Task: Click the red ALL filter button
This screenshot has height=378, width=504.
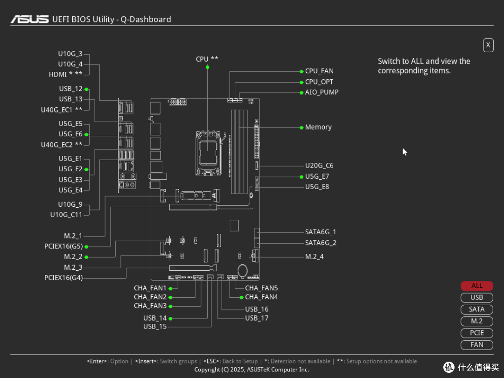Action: click(x=476, y=286)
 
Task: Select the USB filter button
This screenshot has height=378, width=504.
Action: click(x=476, y=297)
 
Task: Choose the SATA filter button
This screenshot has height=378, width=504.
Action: click(x=476, y=309)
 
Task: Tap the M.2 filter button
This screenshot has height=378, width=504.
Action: click(x=476, y=321)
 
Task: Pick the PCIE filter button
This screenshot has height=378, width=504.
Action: click(x=476, y=333)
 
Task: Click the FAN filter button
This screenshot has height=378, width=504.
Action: click(x=476, y=344)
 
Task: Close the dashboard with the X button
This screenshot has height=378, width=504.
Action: click(x=488, y=45)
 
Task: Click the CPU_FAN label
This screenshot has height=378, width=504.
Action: click(x=319, y=71)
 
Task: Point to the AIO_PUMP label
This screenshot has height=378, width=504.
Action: click(x=322, y=92)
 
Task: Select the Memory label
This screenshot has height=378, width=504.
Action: click(x=318, y=127)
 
